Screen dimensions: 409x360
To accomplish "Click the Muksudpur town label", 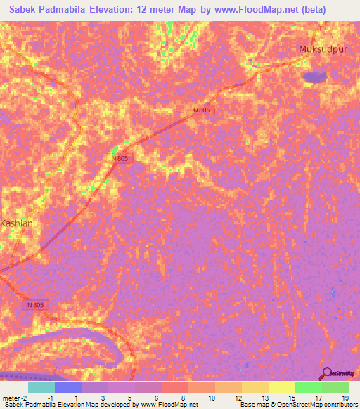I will tap(323, 49).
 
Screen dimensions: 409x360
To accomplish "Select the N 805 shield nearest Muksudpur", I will tap(202, 110).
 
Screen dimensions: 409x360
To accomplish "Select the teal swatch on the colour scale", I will tap(41, 387).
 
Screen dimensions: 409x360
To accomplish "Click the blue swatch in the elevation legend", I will tap(68, 387).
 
